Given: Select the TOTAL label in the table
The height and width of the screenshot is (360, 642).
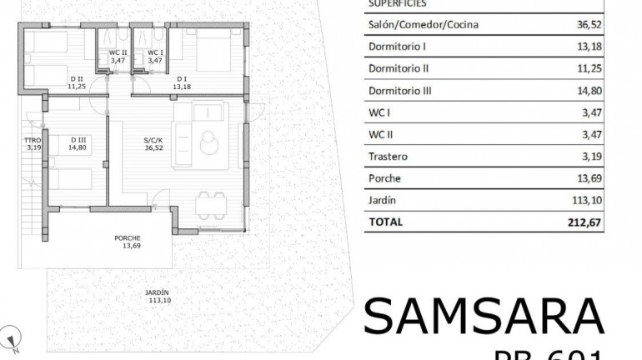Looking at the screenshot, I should pos(385,222).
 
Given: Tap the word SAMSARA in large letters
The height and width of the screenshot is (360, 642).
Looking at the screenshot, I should pos(484,317).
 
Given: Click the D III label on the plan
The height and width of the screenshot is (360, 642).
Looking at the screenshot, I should pos(79,140).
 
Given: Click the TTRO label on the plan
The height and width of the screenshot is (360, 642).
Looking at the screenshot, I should pos(33,140).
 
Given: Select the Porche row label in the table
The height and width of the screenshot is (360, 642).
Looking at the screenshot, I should pos(384,177).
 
